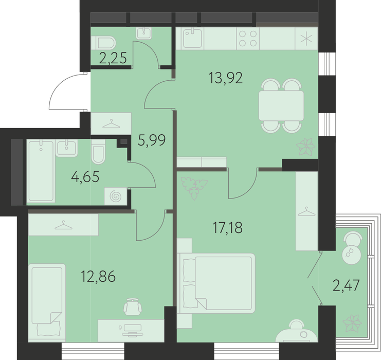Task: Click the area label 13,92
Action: (x=226, y=78)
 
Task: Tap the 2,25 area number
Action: (x=113, y=58)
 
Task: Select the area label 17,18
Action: (x=227, y=228)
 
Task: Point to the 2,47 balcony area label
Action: (x=346, y=285)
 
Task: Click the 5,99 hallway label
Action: (x=152, y=140)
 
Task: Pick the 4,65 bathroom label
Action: (x=85, y=176)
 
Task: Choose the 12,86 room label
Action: (x=98, y=277)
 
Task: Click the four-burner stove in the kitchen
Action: (x=248, y=39)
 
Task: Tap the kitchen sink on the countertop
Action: (x=192, y=38)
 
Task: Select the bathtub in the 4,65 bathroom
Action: (x=41, y=171)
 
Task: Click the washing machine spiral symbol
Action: (x=115, y=196)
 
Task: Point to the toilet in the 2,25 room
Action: (x=103, y=43)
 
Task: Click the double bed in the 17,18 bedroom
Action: (x=216, y=283)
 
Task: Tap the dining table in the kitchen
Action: (x=281, y=105)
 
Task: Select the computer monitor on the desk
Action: (x=133, y=329)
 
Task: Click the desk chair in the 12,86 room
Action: (x=133, y=307)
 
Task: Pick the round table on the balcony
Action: (x=351, y=254)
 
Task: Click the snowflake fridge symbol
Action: (x=306, y=39)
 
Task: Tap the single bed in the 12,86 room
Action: (x=47, y=302)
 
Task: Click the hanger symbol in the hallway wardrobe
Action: (x=111, y=124)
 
